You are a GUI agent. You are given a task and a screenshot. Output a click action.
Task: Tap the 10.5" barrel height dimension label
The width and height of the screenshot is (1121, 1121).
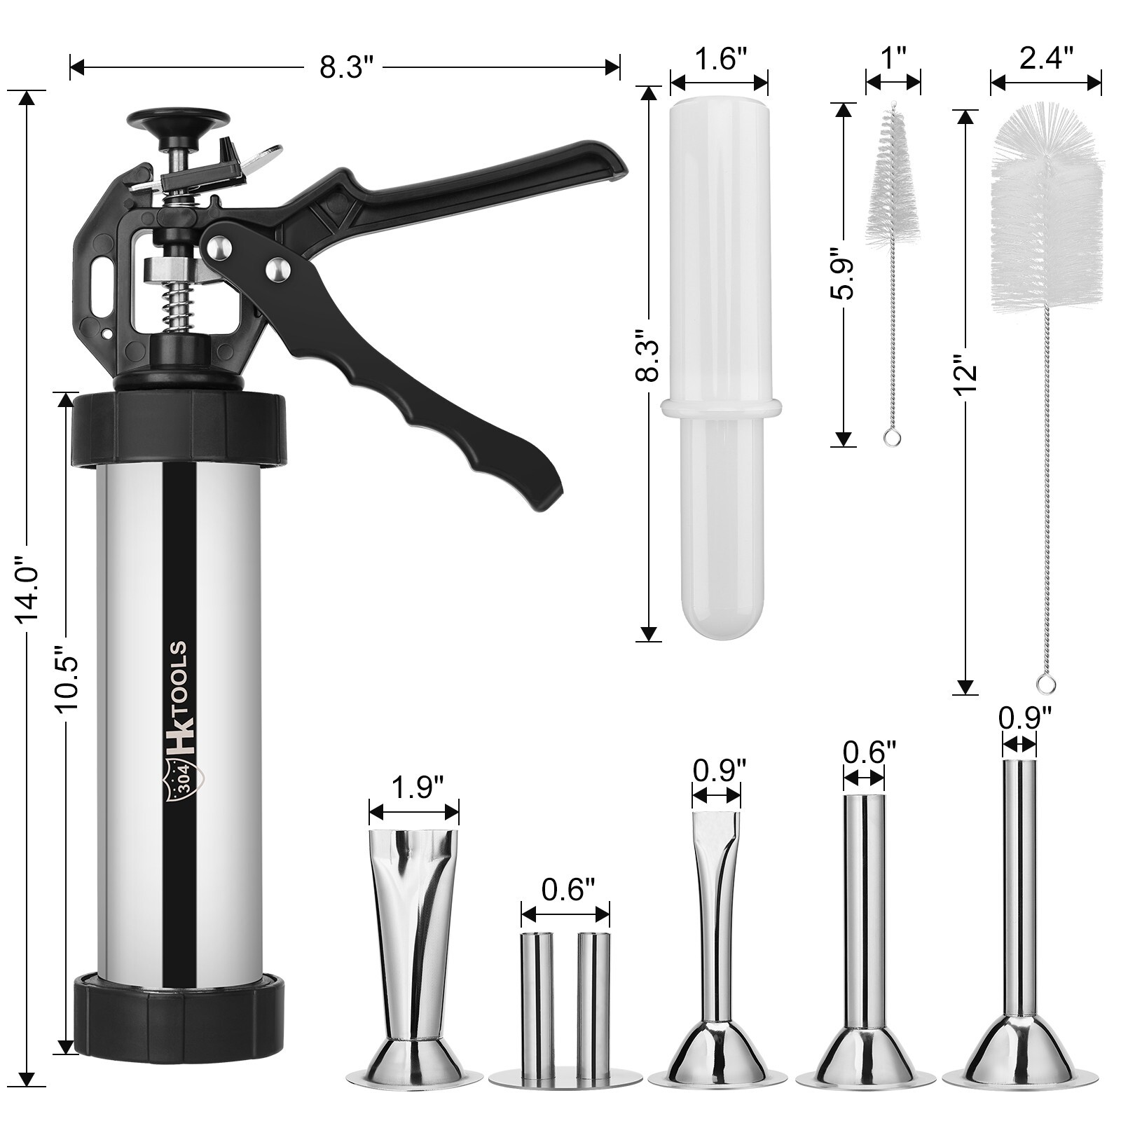point(68,679)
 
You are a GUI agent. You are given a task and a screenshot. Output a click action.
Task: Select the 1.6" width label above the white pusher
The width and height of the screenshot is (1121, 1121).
point(720,60)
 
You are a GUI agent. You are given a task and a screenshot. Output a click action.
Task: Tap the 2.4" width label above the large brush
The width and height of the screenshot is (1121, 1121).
point(1046,60)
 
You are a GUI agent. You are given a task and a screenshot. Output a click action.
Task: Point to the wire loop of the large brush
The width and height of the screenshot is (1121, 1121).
point(1047,683)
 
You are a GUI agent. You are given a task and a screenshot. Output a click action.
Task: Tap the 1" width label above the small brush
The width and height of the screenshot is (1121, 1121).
point(893,60)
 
